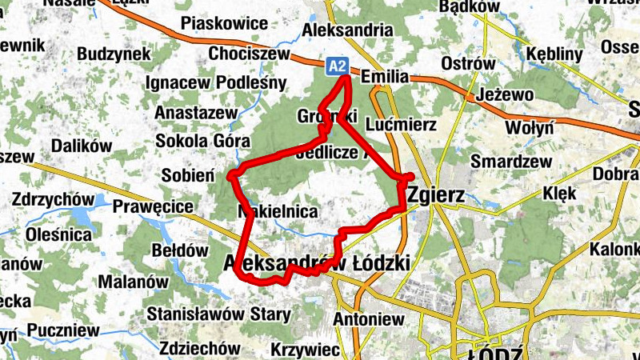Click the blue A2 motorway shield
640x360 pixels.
337,66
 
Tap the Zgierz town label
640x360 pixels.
437,194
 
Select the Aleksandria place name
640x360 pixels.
347,30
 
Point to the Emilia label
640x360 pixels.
385,78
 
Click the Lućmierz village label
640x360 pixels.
400,125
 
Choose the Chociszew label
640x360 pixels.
247,54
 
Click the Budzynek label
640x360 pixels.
114,54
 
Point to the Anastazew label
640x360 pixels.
196,112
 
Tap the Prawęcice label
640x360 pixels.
154,207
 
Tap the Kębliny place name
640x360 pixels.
555,54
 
